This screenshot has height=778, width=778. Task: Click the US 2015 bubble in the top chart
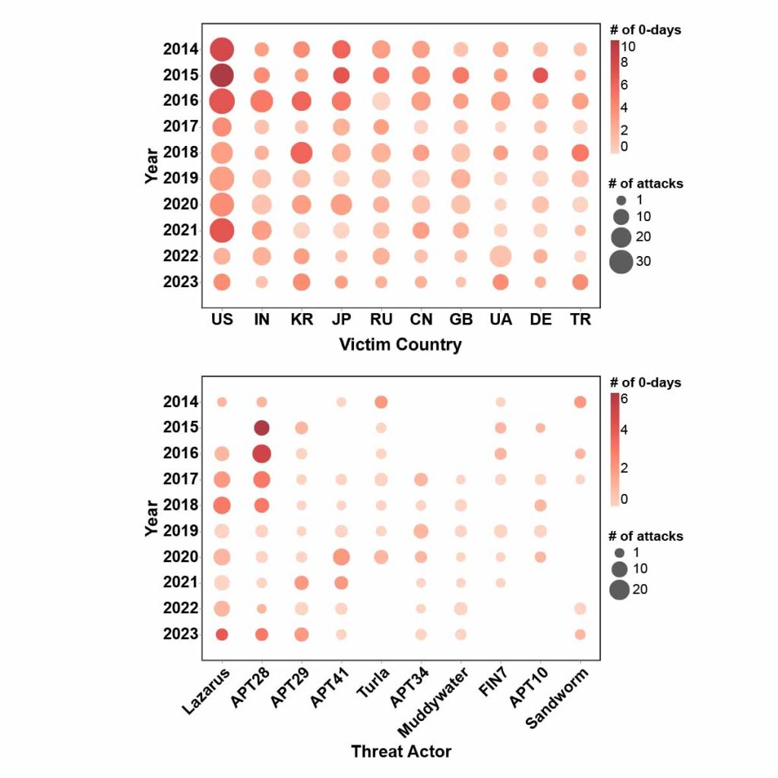[x=222, y=75]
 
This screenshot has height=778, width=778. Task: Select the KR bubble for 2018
[x=302, y=153]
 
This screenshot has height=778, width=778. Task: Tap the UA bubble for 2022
[x=500, y=256]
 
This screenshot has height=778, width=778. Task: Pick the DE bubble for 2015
[x=540, y=75]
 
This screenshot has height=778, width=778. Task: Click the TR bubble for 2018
[x=580, y=153]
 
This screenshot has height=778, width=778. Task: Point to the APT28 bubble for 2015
[x=262, y=428]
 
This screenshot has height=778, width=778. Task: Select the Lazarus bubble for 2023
[x=222, y=634]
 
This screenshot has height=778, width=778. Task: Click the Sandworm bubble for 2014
[x=580, y=402]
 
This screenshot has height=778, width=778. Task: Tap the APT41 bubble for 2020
[x=341, y=557]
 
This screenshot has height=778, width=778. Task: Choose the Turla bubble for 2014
[x=381, y=402]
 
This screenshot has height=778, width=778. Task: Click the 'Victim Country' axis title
[x=400, y=345]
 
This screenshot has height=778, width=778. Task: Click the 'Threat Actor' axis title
[x=400, y=752]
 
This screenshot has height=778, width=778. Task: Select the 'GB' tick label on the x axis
[x=460, y=320]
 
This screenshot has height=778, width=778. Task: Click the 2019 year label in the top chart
[x=180, y=179]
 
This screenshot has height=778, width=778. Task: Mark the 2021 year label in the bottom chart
[x=180, y=583]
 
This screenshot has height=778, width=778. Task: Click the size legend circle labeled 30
[x=621, y=261]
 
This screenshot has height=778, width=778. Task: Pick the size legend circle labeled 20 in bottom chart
[x=619, y=590]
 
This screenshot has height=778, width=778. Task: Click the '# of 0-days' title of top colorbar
[x=645, y=30]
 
